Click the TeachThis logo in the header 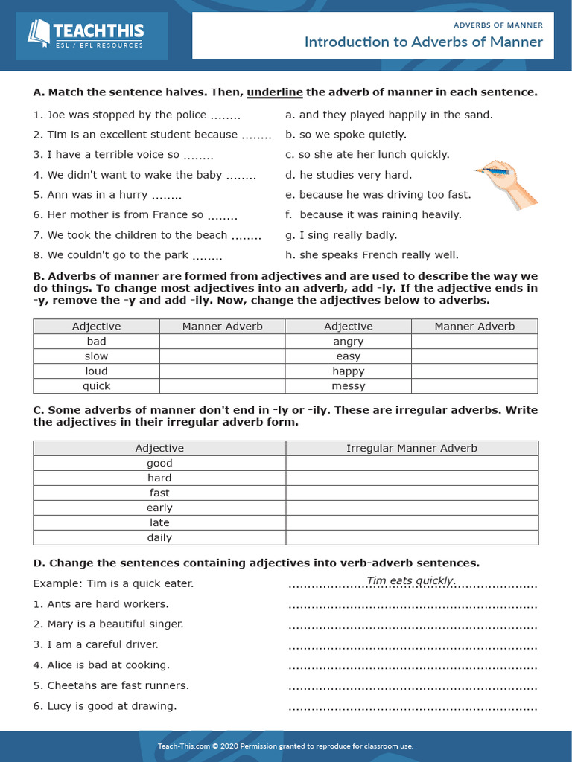[86, 34]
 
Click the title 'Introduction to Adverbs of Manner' [423, 42]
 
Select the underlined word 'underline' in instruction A [275, 92]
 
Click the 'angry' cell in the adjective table [349, 342]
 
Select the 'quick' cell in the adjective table [96, 386]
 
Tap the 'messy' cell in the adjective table [349, 386]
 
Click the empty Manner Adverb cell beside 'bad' [222, 342]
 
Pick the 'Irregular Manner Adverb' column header [412, 448]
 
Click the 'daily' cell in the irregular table [159, 537]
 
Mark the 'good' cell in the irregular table [159, 463]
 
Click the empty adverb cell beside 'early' [412, 508]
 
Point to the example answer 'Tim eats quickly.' [411, 581]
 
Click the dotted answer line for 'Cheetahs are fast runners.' [413, 686]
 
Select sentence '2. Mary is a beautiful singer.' [108, 624]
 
